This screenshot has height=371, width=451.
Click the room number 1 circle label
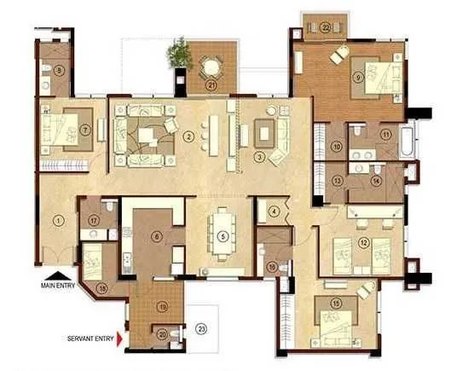pos(59,220)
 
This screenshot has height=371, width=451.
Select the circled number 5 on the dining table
pos(222,236)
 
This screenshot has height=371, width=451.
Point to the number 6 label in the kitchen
pos(156,237)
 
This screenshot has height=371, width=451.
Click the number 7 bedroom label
pos(61,130)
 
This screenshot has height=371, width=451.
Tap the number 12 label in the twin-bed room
pos(365,243)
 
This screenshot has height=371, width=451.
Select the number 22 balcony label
pos(327,27)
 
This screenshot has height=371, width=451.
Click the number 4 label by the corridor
pos(275,211)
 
